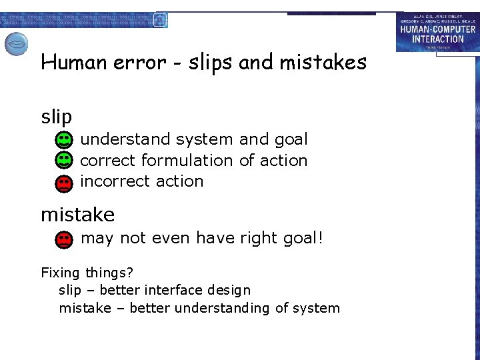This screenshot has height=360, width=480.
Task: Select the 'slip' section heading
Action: pos(56,117)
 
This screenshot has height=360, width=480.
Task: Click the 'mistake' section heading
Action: pos(77,215)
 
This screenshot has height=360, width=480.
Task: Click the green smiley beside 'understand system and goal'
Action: pos(63,140)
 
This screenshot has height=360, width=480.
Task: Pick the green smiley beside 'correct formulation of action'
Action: pos(63,161)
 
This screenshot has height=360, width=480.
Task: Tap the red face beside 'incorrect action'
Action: pos(63,182)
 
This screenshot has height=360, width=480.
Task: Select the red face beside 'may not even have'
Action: pos(64,239)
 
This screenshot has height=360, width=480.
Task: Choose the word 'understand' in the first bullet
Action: pos(125,139)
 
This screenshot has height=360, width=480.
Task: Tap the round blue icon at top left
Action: pos(17,44)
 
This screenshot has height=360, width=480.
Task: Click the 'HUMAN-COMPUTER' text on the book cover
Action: pos(438,29)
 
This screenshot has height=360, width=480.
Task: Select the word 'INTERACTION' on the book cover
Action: pos(438,39)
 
